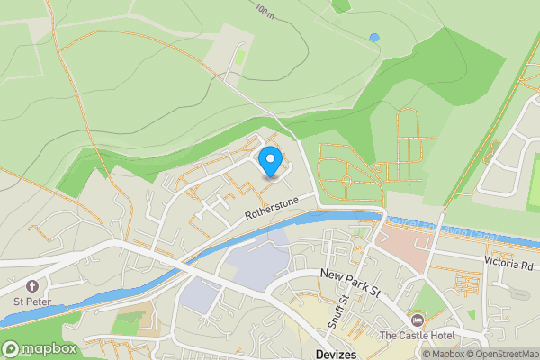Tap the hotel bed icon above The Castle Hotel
pos(416,320)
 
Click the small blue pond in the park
pos(374,38)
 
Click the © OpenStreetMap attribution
pos(500,354)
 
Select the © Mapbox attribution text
pos(442,354)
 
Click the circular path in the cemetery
pos(346,180)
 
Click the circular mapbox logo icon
pos(11,348)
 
